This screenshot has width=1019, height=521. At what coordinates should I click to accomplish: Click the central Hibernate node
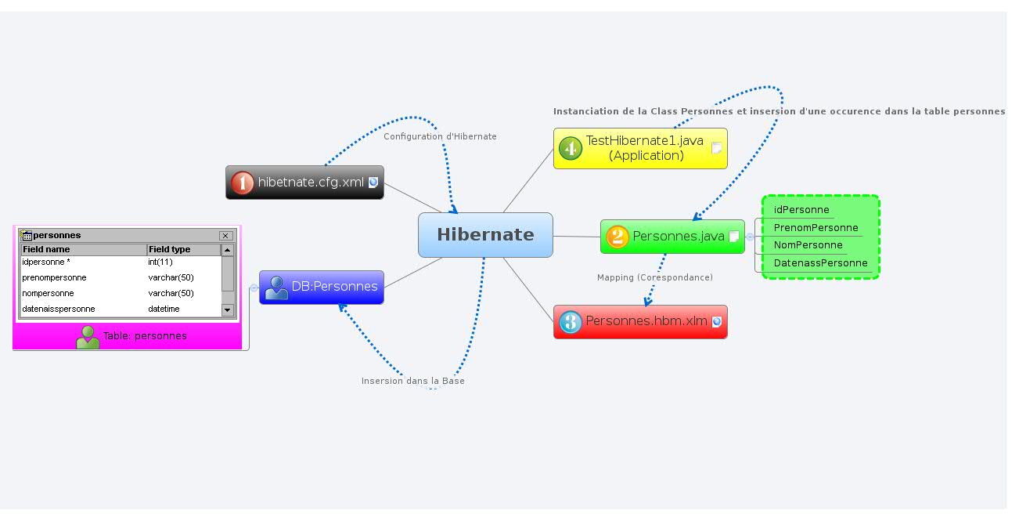[485, 235]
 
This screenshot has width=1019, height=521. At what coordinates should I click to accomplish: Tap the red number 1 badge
[243, 183]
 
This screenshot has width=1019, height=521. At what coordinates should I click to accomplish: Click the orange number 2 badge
[618, 237]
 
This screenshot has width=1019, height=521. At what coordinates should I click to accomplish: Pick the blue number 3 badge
[571, 322]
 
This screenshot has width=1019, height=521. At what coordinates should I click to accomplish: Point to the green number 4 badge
[571, 148]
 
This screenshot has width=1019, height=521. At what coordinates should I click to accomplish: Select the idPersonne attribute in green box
[801, 210]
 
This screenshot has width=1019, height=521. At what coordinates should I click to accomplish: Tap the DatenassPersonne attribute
[820, 263]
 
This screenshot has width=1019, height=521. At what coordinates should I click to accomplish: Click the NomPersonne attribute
[808, 245]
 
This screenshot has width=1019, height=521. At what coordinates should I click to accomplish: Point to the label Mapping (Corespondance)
[654, 277]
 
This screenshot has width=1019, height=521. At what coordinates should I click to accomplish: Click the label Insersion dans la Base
[412, 381]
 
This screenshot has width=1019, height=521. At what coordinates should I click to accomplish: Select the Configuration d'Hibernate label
[440, 136]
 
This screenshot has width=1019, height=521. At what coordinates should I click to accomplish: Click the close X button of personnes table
[225, 236]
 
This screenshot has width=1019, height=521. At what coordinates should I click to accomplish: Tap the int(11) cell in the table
[160, 262]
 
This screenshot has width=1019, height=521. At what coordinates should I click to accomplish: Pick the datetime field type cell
[164, 309]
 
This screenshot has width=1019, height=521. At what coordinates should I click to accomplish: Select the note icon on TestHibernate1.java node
[716, 149]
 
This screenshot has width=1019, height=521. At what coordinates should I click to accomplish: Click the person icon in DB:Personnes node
[276, 288]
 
